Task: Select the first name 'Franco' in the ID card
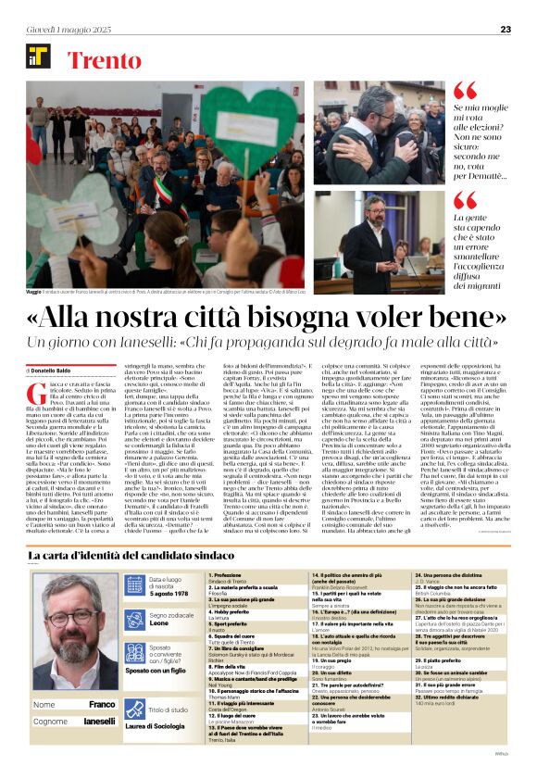(x=103, y=704)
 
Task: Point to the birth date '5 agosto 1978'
(x=169, y=593)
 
